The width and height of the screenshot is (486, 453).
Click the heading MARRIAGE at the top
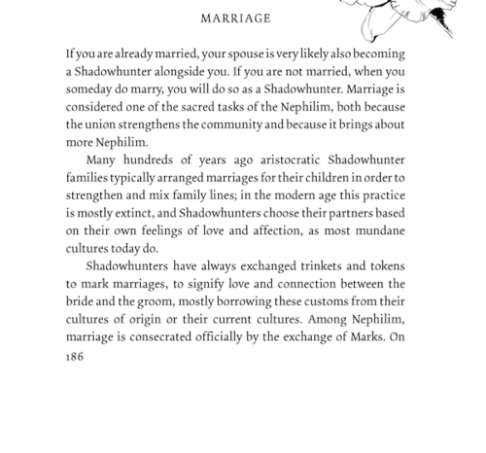click(x=235, y=18)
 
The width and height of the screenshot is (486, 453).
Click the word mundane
click(x=376, y=231)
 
